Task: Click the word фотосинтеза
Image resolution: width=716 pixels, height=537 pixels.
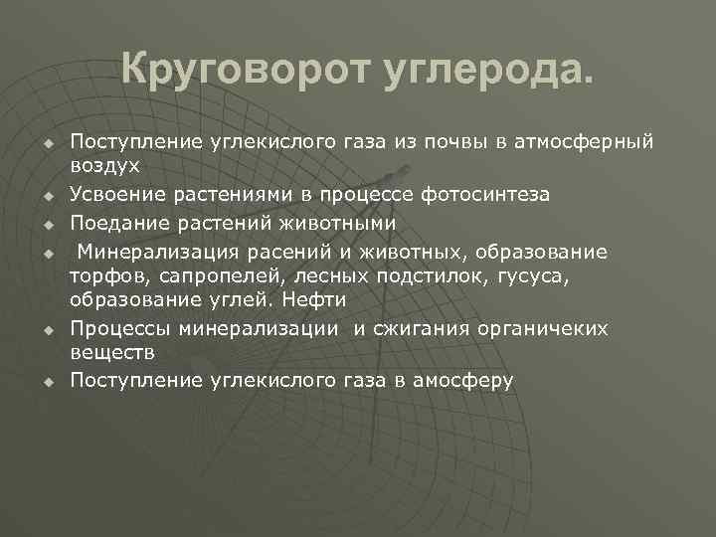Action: click(x=488, y=194)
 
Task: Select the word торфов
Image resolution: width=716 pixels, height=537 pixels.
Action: click(x=102, y=273)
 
